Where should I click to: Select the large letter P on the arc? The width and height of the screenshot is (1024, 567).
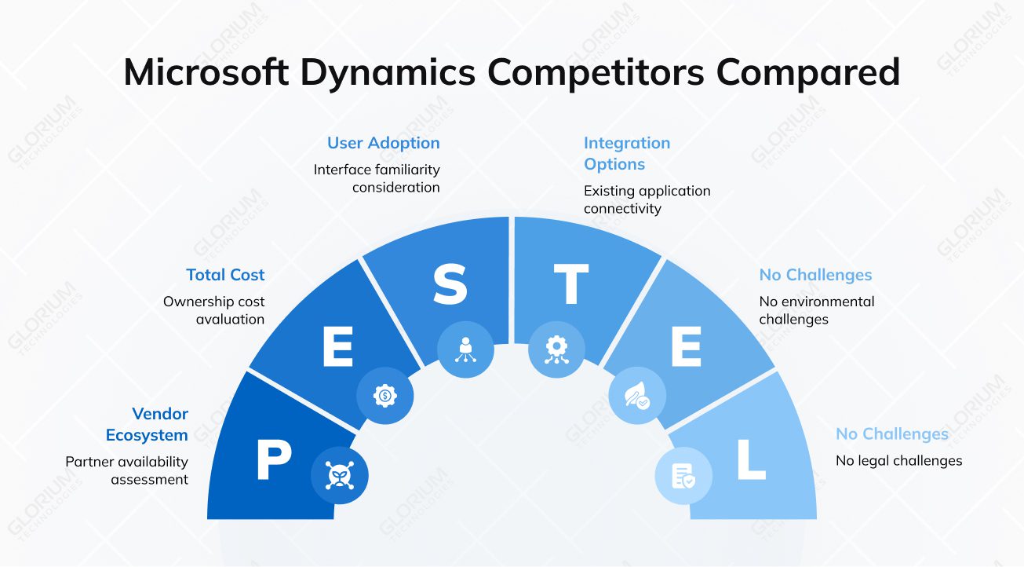(274, 460)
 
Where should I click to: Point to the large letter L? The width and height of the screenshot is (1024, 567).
(750, 460)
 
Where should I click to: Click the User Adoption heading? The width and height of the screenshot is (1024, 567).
(383, 143)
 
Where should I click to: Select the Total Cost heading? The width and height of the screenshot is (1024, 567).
(225, 275)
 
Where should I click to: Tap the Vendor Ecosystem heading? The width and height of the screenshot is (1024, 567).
(147, 424)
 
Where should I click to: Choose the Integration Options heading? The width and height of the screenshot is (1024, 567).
(626, 153)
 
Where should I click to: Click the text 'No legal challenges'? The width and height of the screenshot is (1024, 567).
(898, 461)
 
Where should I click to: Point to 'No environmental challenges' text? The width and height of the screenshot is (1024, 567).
(816, 310)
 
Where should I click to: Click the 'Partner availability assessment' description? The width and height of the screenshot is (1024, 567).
(126, 470)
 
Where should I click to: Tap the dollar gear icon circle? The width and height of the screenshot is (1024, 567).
(384, 396)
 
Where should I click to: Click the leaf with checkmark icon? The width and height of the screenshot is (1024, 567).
(636, 396)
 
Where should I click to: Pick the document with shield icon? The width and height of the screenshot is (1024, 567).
(683, 475)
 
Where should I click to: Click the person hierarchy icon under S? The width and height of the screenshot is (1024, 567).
(465, 349)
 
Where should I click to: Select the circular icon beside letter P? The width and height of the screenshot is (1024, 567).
(340, 475)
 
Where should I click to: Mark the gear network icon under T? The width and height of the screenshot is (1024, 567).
(556, 349)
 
